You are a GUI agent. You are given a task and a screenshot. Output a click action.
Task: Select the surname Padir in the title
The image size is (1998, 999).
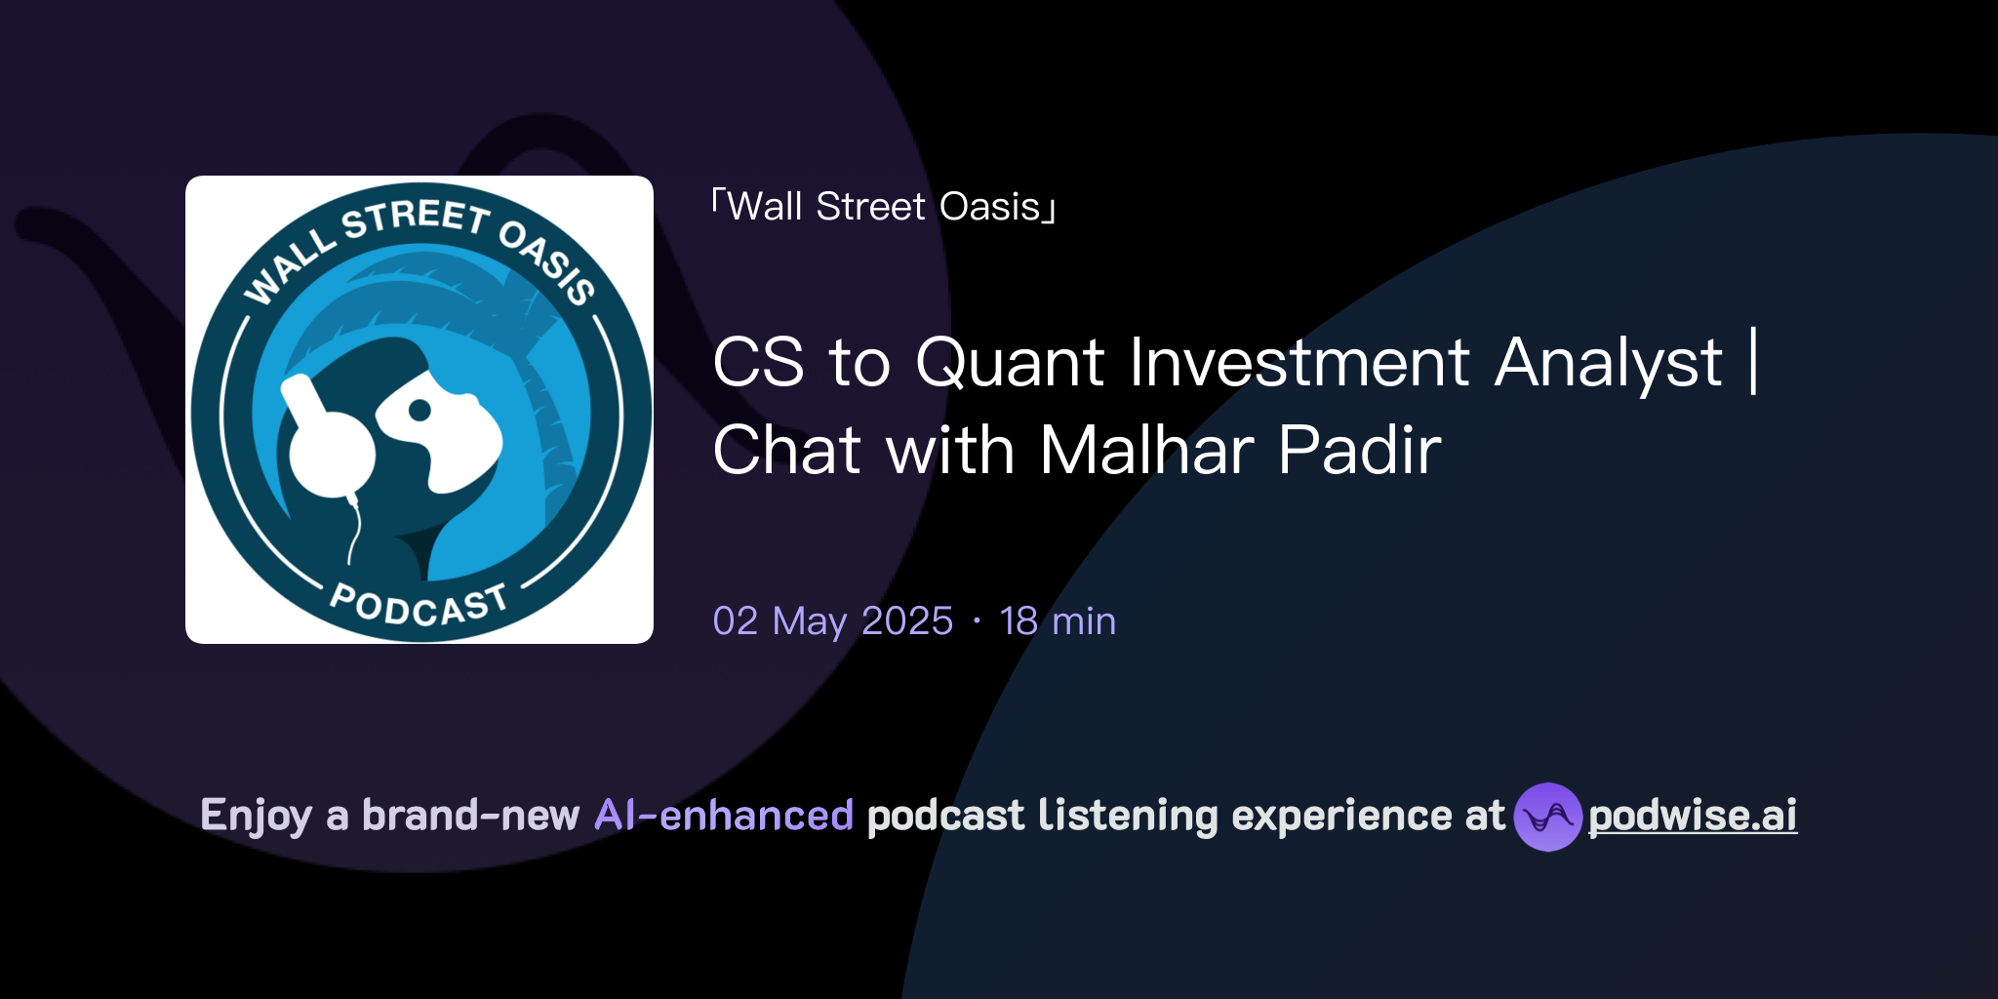[1359, 450]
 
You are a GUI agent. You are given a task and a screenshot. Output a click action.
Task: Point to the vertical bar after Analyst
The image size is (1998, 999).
[1754, 362]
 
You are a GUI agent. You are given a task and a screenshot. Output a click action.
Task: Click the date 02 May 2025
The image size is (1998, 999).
[832, 621]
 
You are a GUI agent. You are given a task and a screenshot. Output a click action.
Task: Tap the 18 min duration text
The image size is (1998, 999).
[1058, 621]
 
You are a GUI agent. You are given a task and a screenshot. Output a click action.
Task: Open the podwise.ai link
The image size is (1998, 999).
[1693, 816]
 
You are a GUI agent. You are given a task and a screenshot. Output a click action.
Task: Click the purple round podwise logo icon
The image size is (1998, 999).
[1548, 817]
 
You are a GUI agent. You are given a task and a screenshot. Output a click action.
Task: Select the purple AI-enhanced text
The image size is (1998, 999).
[724, 816]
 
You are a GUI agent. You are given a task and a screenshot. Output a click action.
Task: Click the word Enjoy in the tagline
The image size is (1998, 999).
[257, 816]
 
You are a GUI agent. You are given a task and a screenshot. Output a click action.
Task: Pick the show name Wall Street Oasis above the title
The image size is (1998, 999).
[884, 207]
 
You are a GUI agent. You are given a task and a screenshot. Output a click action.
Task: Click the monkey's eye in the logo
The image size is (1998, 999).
[420, 411]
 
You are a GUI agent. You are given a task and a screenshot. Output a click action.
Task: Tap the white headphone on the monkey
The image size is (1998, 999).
[327, 439]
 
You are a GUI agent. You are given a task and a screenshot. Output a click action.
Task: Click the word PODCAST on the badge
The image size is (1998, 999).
[420, 605]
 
